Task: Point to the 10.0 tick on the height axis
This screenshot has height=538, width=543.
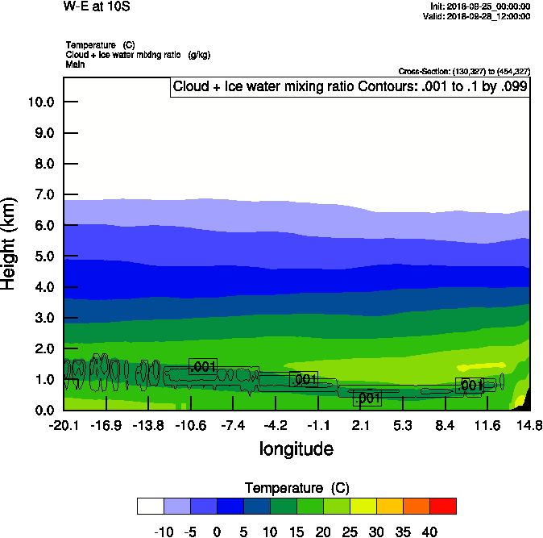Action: [x=41, y=102]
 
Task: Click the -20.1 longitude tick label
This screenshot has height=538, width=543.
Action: [x=64, y=425]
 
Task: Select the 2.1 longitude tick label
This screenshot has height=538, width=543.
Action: [x=361, y=425]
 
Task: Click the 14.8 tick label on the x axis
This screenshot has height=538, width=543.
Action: [x=529, y=425]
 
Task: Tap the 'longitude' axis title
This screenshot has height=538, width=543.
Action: [x=296, y=448]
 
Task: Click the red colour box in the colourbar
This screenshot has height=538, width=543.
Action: [x=442, y=506]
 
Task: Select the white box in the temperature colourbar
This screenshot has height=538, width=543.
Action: [x=151, y=506]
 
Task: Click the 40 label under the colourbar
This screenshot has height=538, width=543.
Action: [x=429, y=532]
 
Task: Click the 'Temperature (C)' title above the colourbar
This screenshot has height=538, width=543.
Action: [x=296, y=488]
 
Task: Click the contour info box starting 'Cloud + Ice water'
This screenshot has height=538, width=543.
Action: [x=350, y=87]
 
